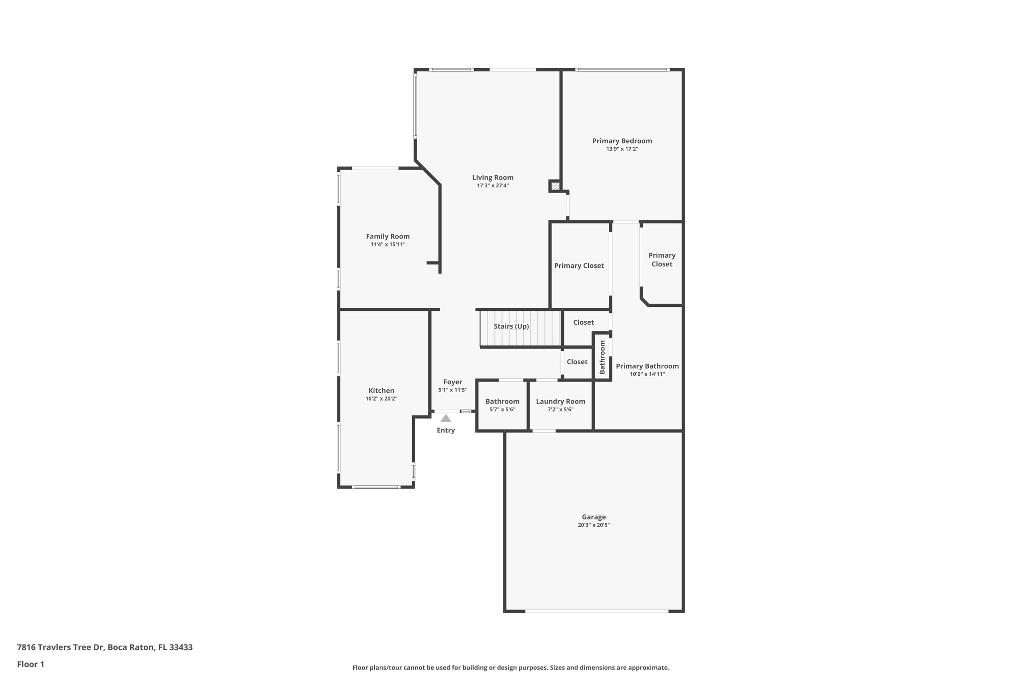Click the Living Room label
tap(493, 178)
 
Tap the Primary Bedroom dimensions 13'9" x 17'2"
tap(622, 149)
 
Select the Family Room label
tap(388, 236)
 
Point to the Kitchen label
tap(381, 391)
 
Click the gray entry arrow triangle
tap(446, 419)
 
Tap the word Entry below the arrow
tap(446, 431)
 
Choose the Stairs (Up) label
tap(511, 326)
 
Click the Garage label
tap(593, 517)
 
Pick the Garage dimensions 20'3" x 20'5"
tap(593, 525)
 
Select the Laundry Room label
tap(560, 402)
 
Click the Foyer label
tap(453, 382)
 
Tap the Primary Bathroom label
tap(647, 366)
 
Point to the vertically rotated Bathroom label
tap(602, 357)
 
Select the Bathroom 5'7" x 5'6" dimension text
tap(502, 410)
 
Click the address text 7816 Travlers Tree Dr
tap(60, 648)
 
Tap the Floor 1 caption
tap(30, 665)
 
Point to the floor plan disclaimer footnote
tap(511, 668)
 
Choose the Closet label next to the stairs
tap(583, 322)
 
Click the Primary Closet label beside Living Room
tap(579, 266)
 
